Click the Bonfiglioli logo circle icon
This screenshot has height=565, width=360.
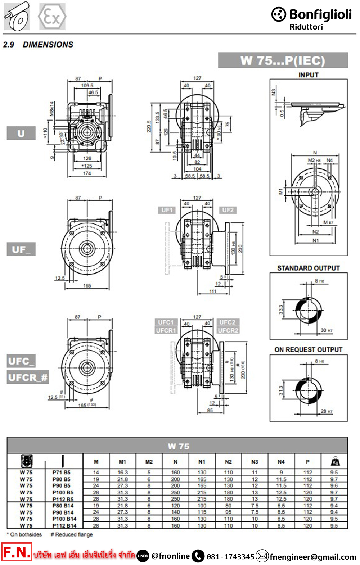[x=279, y=14]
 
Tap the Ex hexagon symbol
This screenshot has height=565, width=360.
[x=52, y=17]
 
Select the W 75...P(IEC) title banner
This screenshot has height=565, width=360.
[x=283, y=60]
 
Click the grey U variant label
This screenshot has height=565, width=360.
[x=21, y=134]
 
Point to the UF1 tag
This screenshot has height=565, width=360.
[x=167, y=210]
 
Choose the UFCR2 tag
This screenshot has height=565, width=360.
[x=228, y=330]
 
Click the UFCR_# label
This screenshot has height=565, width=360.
[x=28, y=378]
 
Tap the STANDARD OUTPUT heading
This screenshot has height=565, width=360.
[x=308, y=268]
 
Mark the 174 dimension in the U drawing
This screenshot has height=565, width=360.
[x=87, y=173]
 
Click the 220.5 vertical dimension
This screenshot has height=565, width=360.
[x=149, y=126]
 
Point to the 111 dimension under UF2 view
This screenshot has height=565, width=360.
[x=213, y=291]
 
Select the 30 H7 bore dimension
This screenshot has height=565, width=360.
[x=327, y=330]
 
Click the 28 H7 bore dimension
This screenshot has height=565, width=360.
[x=327, y=411]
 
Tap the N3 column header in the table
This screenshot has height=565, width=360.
[x=255, y=462]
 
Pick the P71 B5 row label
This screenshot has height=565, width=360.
[x=62, y=473]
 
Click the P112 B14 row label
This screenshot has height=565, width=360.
[x=64, y=526]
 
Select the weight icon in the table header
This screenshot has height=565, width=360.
[x=335, y=461]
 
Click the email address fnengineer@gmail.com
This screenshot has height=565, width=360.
[x=313, y=557]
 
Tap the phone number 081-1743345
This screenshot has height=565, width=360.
[x=230, y=557]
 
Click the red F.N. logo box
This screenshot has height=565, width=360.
[x=17, y=552]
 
